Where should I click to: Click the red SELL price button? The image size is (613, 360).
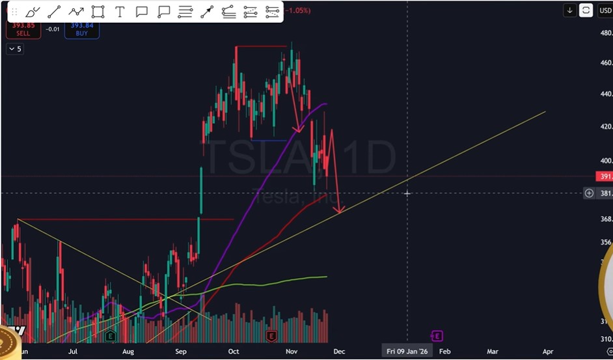click(23, 29)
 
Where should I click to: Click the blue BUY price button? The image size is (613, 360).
click(82, 29)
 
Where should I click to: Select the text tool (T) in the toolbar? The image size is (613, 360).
click(120, 11)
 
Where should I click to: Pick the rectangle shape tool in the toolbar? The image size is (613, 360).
click(98, 11)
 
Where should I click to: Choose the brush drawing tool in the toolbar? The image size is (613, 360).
click(33, 11)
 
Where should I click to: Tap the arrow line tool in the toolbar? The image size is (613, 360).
click(207, 11)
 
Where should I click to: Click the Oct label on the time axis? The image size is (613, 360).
click(234, 352)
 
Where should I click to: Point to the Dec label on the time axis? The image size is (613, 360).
click(338, 352)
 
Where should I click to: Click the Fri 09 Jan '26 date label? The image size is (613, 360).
click(407, 352)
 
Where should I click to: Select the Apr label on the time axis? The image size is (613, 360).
click(547, 352)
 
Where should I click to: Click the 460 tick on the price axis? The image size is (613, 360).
click(606, 63)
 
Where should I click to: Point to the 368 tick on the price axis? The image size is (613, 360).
click(606, 219)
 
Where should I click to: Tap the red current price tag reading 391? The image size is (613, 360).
click(605, 176)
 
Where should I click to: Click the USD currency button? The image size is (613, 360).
click(605, 10)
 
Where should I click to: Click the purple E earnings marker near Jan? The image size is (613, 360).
click(437, 336)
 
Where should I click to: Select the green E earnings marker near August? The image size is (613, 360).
click(110, 336)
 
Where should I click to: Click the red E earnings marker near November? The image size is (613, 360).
click(271, 336)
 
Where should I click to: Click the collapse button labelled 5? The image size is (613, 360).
click(14, 49)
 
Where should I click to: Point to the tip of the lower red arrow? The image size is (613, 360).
click(338, 213)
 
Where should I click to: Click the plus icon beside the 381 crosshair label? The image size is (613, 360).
click(589, 193)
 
